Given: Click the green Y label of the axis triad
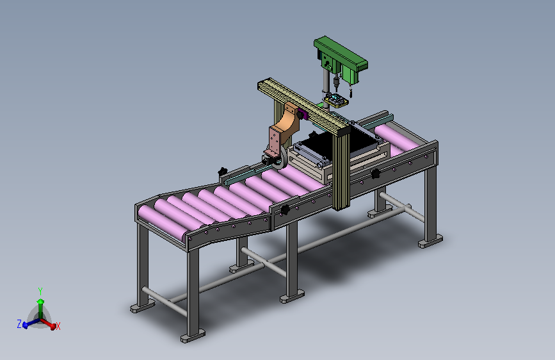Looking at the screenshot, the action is click(40, 291).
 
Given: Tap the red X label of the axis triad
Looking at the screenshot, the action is click(58, 326).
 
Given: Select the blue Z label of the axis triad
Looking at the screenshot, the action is click(19, 324).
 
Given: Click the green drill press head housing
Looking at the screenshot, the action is click(340, 58).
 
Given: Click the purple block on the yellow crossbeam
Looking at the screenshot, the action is click(302, 114).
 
